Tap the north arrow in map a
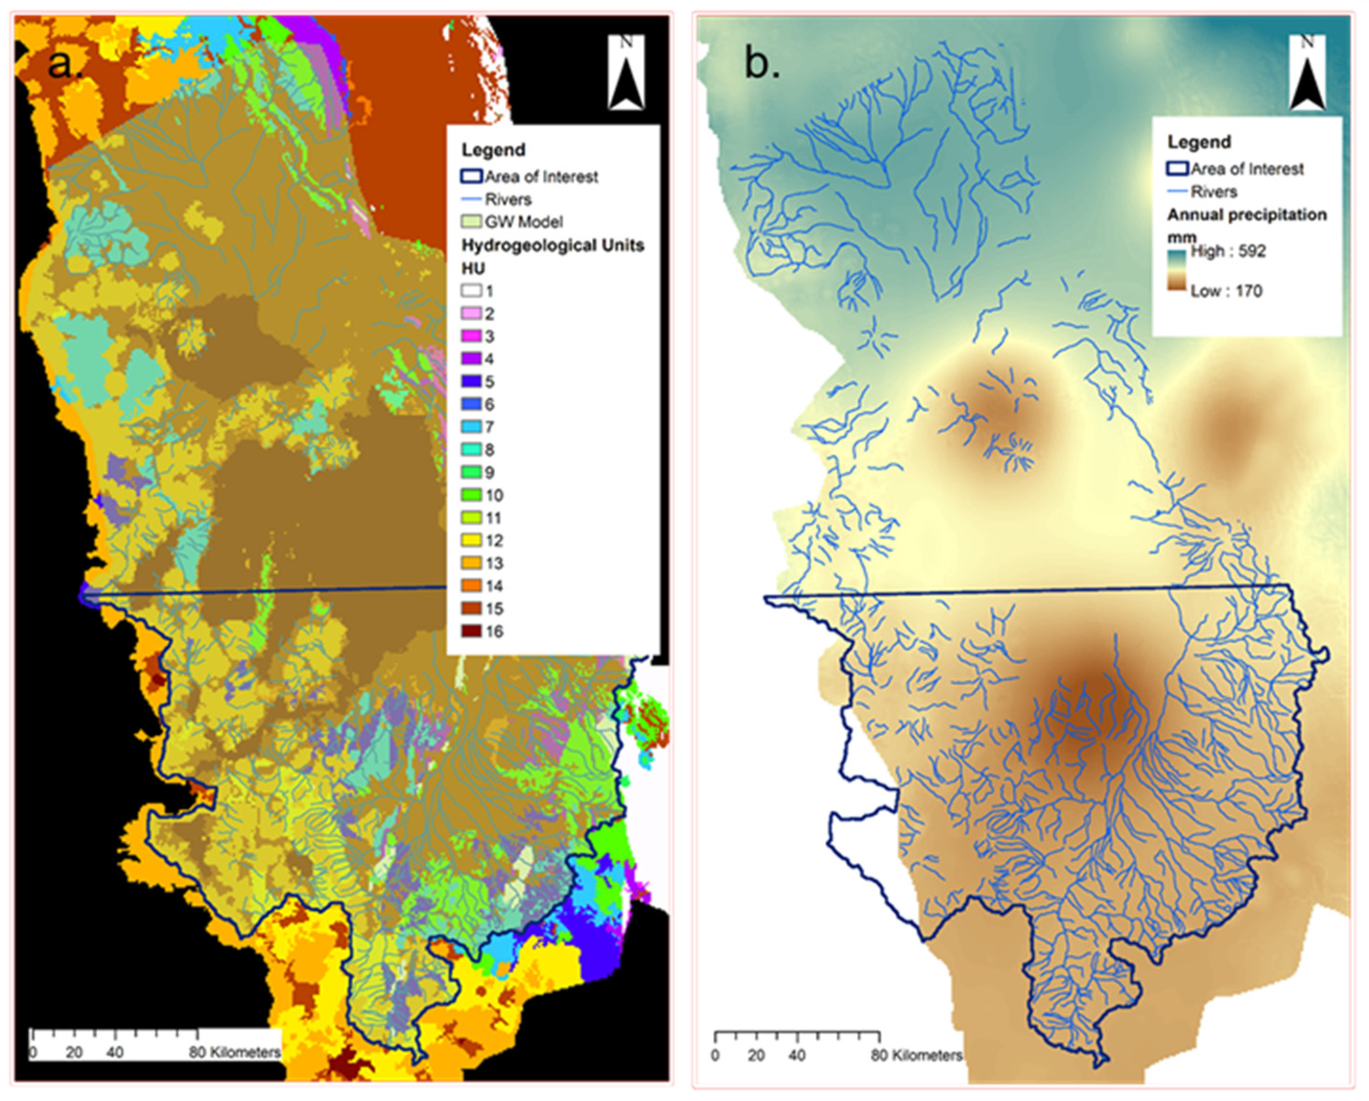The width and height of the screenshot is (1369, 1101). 626,73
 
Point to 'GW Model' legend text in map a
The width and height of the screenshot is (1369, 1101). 523,222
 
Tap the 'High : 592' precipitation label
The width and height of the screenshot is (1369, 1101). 1227,251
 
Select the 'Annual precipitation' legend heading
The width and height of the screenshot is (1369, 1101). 1246,215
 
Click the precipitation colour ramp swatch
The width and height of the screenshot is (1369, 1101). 1177,271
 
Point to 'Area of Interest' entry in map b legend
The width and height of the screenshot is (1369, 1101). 1246,170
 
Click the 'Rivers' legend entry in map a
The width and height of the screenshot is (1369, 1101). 507,200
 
